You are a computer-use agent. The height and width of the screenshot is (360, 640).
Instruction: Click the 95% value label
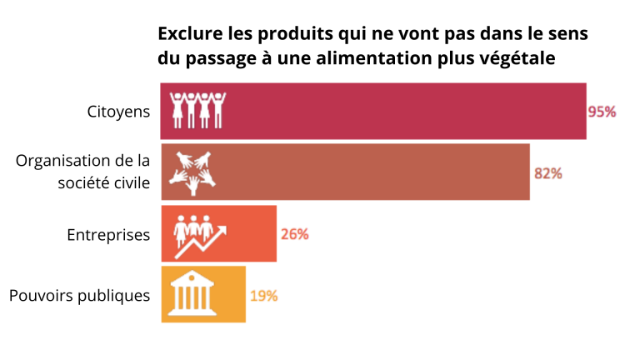pyautogui.click(x=602, y=112)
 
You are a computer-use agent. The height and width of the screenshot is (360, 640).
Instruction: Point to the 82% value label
pyautogui.click(x=548, y=173)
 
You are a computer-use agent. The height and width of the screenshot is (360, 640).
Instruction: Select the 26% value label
pyautogui.click(x=295, y=234)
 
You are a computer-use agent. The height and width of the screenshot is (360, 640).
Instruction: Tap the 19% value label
pyautogui.click(x=263, y=295)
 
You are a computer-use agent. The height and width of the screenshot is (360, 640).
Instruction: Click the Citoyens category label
pyautogui.click(x=119, y=112)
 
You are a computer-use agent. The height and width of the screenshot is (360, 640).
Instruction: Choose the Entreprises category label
pyautogui.click(x=108, y=235)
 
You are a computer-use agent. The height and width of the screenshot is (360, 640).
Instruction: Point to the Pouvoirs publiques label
pyautogui.click(x=79, y=296)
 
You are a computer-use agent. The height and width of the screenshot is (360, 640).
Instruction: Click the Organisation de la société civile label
pyautogui.click(x=83, y=172)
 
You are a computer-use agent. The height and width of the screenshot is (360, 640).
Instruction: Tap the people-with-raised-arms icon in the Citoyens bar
pyautogui.click(x=197, y=110)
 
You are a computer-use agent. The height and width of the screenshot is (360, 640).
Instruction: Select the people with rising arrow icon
pyautogui.click(x=198, y=234)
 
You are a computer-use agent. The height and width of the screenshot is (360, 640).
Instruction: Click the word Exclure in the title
pyautogui.click(x=187, y=34)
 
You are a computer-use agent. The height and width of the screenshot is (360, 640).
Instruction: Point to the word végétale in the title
pyautogui.click(x=518, y=58)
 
